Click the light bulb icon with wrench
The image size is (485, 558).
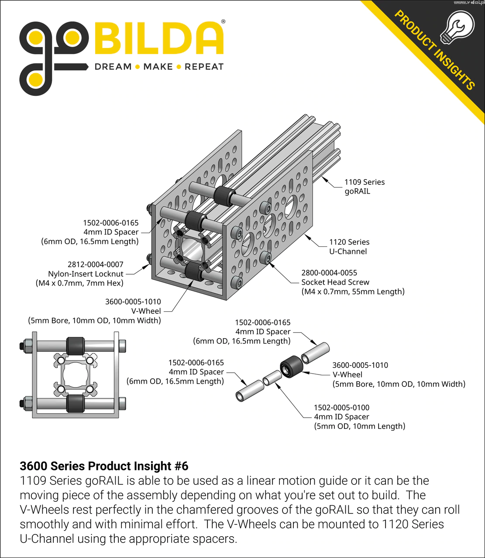pos(457,27)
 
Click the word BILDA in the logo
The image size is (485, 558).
pos(159,38)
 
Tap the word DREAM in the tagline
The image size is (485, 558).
pos(113,67)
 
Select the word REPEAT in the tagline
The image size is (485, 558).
pos(204,67)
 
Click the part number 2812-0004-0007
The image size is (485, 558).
pos(96,264)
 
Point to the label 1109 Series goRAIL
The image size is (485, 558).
pos(365,187)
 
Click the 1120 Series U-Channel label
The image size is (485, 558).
pos(349,247)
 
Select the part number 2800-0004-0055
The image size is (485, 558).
pos(329,273)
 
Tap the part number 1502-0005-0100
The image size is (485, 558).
pos(341,408)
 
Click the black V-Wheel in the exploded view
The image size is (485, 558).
pos(291,367)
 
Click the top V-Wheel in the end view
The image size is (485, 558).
pos(76,347)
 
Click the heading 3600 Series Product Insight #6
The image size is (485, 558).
pos(104,466)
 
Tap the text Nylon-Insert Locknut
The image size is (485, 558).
pos(86,274)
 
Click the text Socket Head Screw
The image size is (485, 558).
pos(335,282)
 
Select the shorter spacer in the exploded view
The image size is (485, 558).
pos(272,378)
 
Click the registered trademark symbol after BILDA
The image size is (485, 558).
pos(223,21)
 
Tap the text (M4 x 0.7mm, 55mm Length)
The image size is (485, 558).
pos(353,292)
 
